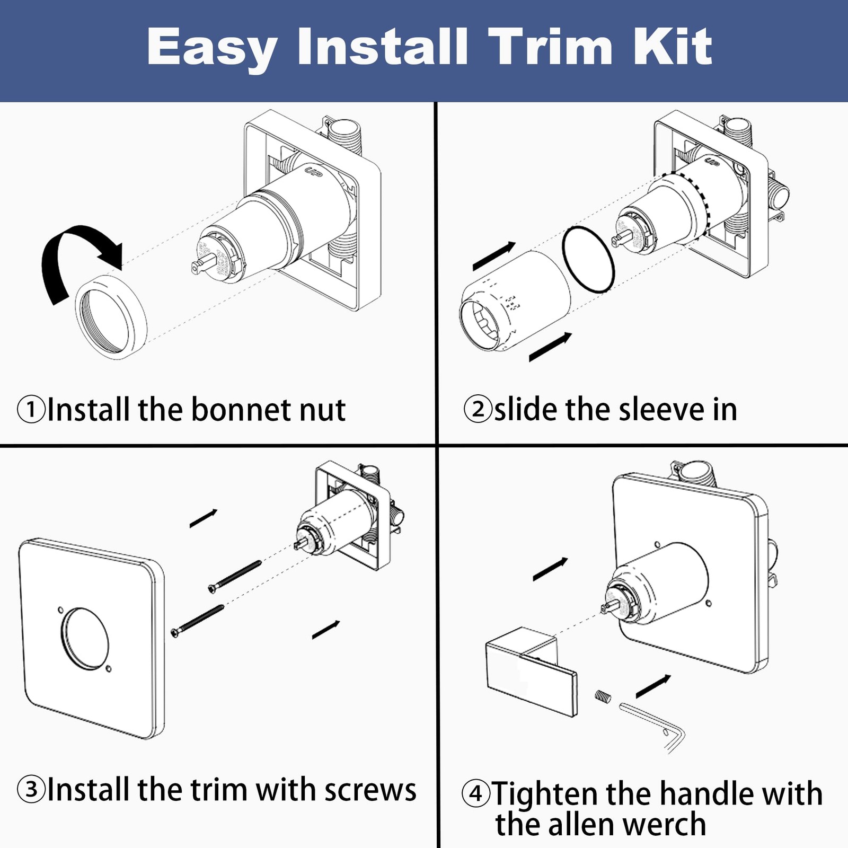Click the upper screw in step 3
click(235, 577)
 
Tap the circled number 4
click(476, 793)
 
